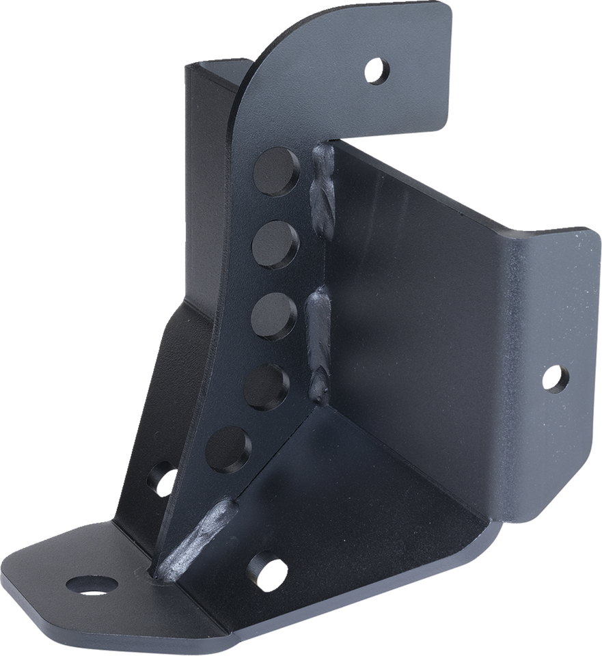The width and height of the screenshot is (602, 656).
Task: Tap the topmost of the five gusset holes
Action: coord(277,172)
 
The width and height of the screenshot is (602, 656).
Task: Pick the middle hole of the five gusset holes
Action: coord(273,315)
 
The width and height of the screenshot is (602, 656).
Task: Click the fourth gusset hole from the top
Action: coord(266,385)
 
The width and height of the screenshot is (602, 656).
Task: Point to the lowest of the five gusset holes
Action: coord(228,449)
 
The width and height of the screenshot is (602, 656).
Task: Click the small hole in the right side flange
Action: coord(555,377)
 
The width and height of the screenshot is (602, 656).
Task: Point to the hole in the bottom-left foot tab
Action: coord(92,584)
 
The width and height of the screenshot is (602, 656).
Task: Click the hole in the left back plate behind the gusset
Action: coord(163,480)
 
